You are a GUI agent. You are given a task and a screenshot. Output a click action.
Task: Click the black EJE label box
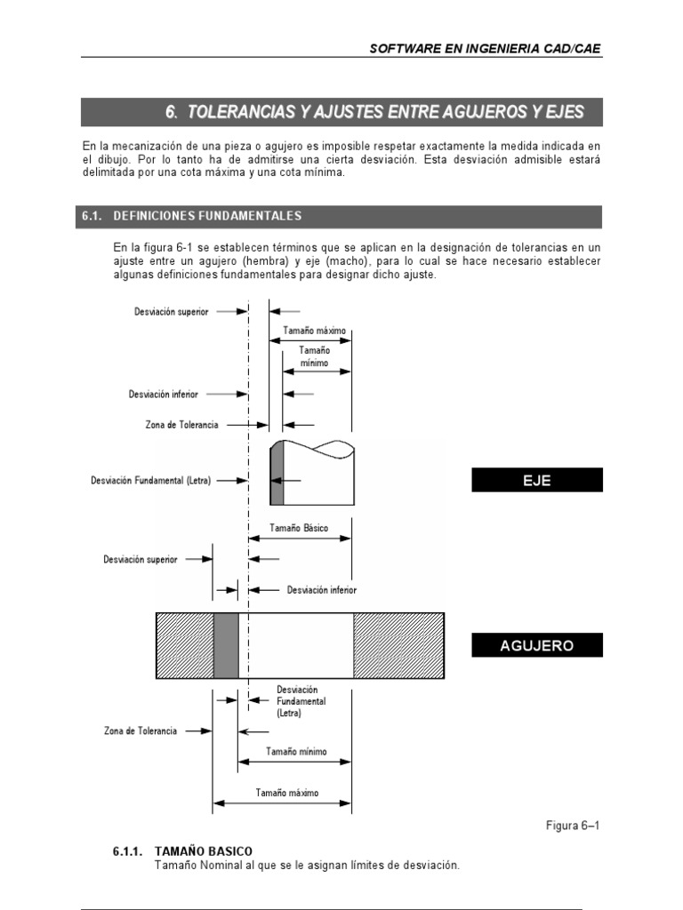click(x=536, y=480)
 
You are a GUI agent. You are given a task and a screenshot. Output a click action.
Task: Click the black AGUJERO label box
click(x=536, y=645)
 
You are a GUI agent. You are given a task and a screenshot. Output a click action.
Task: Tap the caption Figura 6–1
click(x=573, y=826)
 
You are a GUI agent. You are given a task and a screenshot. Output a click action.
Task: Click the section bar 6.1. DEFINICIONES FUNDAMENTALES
click(x=341, y=216)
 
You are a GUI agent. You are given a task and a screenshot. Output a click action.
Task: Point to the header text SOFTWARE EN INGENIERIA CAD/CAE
click(x=486, y=49)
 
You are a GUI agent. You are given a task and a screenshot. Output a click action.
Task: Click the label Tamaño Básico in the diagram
click(x=299, y=528)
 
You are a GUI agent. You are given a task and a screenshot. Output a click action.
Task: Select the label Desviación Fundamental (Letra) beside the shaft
click(x=150, y=480)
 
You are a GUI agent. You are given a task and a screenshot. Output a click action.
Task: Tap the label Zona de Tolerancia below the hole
click(x=141, y=730)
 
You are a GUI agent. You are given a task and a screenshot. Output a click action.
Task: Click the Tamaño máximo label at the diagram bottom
click(x=287, y=793)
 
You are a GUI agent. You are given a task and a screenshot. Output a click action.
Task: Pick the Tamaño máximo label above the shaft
click(x=314, y=331)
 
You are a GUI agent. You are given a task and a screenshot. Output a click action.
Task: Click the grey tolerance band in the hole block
click(x=226, y=645)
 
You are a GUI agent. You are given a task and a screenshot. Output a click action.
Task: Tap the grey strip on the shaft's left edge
click(x=277, y=475)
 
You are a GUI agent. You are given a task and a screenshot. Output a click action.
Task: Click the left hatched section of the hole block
click(x=185, y=645)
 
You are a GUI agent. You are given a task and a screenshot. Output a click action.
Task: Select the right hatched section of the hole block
click(x=398, y=645)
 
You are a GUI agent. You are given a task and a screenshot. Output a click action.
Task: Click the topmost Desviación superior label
click(x=172, y=311)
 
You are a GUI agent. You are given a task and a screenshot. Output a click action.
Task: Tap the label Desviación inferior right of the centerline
click(x=321, y=588)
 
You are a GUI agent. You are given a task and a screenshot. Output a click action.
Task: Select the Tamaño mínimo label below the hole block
click(x=296, y=752)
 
